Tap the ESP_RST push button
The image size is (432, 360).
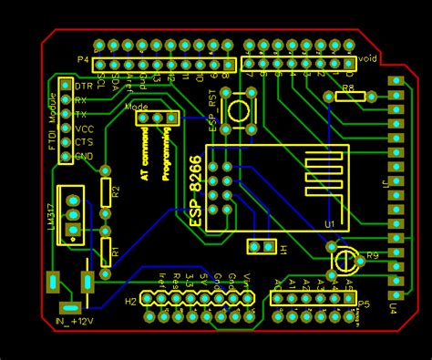pyautogui.click(x=239, y=112)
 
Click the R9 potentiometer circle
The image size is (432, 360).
pyautogui.click(x=345, y=259)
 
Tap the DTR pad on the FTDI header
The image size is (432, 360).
pyautogui.click(x=66, y=85)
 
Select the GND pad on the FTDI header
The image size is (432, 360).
pyautogui.click(x=66, y=157)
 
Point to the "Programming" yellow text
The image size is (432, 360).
pyautogui.click(x=167, y=153)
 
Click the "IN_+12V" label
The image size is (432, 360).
pyautogui.click(x=74, y=322)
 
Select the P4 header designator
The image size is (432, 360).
pyautogui.click(x=83, y=60)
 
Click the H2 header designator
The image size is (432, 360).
pyautogui.click(x=130, y=301)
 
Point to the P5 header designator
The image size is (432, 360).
pyautogui.click(x=364, y=303)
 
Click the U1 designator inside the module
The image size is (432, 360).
pyautogui.click(x=329, y=224)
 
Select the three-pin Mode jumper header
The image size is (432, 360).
pyautogui.click(x=157, y=118)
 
